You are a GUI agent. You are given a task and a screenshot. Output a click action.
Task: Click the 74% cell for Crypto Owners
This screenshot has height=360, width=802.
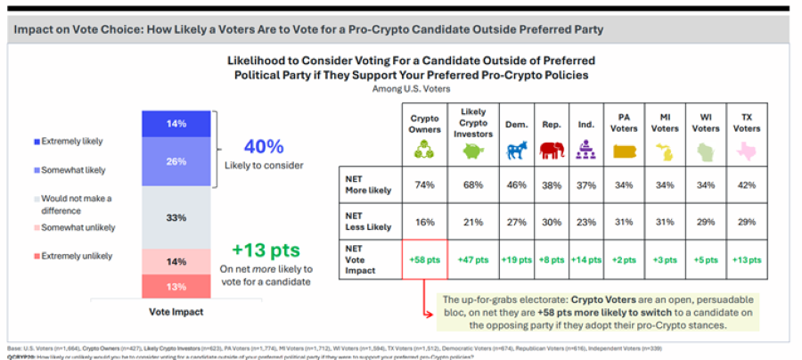click(x=425, y=184)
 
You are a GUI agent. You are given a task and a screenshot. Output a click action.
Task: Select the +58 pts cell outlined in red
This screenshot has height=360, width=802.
click(x=425, y=259)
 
